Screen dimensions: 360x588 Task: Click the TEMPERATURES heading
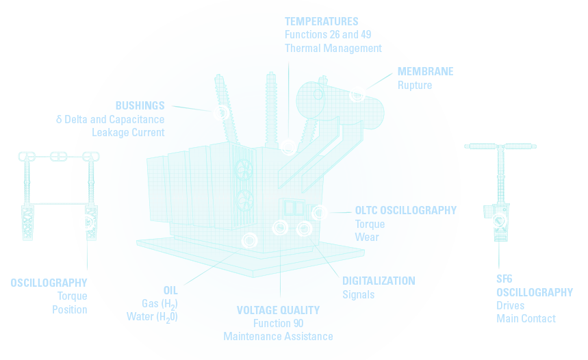[321, 21]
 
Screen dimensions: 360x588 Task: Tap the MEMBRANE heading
[425, 72]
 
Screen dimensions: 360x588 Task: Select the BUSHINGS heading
[140, 105]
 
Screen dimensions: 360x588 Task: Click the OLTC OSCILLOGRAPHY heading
[405, 211]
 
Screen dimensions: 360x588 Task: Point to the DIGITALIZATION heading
[379, 281]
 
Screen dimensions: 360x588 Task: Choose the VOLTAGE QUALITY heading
[278, 310]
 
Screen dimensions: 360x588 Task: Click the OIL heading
[170, 290]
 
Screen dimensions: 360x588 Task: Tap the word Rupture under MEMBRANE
[415, 86]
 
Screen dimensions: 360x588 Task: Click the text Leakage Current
[128, 132]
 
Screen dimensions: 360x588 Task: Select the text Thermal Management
[333, 48]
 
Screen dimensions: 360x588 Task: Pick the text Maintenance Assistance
[278, 337]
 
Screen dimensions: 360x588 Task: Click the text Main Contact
[526, 318]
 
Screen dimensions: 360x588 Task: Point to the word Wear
[367, 237]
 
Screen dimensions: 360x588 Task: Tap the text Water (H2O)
[152, 317]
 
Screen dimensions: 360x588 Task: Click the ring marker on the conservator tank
[357, 94]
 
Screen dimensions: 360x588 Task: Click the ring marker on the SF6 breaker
[499, 220]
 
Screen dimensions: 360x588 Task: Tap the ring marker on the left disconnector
[86, 222]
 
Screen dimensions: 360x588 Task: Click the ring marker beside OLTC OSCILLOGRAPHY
[319, 212]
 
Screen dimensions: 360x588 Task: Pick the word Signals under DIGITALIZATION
[359, 295]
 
